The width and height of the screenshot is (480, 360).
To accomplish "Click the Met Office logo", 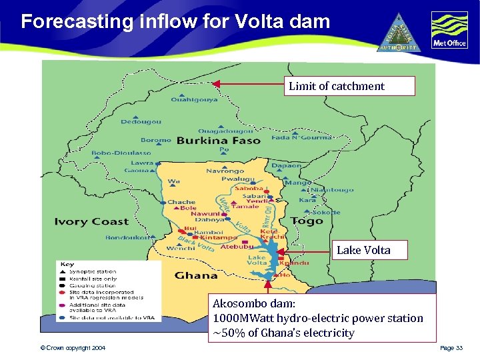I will point(449,31).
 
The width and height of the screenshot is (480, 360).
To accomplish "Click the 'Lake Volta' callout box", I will point(363,250).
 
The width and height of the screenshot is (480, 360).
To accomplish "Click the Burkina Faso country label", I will point(219,141).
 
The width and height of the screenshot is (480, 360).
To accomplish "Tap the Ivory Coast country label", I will point(91,221).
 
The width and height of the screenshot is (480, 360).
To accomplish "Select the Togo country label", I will point(307,221).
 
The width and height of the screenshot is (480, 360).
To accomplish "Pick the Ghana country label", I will point(196,275).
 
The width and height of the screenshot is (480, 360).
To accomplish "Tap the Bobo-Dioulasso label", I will point(121,153).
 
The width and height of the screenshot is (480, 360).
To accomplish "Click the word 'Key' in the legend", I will point(67,265).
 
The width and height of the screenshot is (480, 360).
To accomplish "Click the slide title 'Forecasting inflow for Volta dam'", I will point(175,22).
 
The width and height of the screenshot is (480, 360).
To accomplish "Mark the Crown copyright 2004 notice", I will point(72,349).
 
